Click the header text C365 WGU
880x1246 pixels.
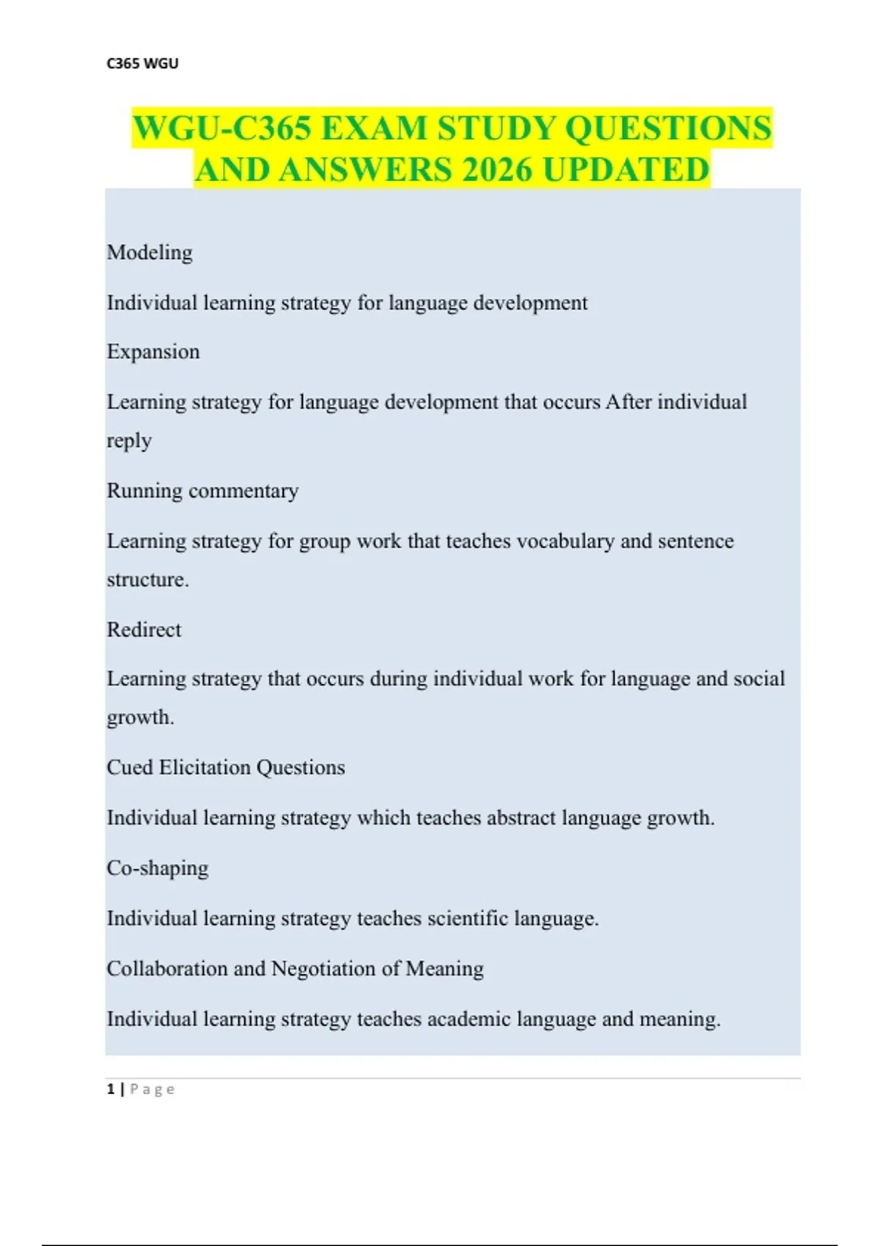(x=142, y=63)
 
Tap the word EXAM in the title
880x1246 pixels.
(x=373, y=128)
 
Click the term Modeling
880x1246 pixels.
(x=150, y=252)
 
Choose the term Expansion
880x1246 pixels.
(x=153, y=352)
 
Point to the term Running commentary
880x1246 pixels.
(x=202, y=490)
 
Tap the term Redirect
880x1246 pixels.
(x=144, y=630)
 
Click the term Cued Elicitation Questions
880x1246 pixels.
(x=226, y=767)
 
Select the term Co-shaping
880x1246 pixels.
(x=158, y=868)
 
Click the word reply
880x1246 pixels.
(x=129, y=440)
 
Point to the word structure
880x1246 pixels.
(x=147, y=580)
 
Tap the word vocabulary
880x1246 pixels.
(x=565, y=541)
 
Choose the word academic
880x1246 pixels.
(x=469, y=1019)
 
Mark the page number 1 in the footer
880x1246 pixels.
(x=111, y=1089)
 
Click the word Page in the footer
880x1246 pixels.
(x=153, y=1089)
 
